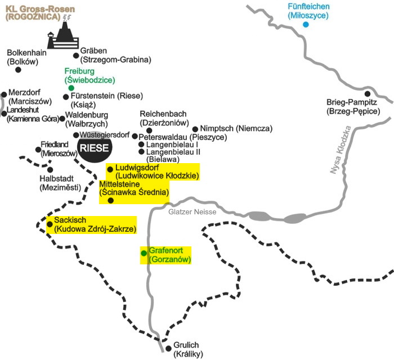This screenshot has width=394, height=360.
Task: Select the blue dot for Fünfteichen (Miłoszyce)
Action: (x=306, y=25)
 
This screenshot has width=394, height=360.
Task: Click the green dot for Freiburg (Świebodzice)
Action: (x=71, y=88)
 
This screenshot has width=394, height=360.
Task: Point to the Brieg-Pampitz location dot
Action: (x=368, y=94)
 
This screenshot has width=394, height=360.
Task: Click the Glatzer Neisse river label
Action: (x=188, y=212)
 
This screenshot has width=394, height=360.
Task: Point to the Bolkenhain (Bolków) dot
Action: (x=18, y=70)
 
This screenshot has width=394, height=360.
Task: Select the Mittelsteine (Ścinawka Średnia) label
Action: (x=134, y=188)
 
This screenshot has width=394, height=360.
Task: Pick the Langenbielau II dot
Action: (x=141, y=152)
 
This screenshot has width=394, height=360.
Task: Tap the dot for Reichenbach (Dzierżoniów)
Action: (x=149, y=130)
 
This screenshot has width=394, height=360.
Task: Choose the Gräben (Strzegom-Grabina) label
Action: (x=116, y=55)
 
